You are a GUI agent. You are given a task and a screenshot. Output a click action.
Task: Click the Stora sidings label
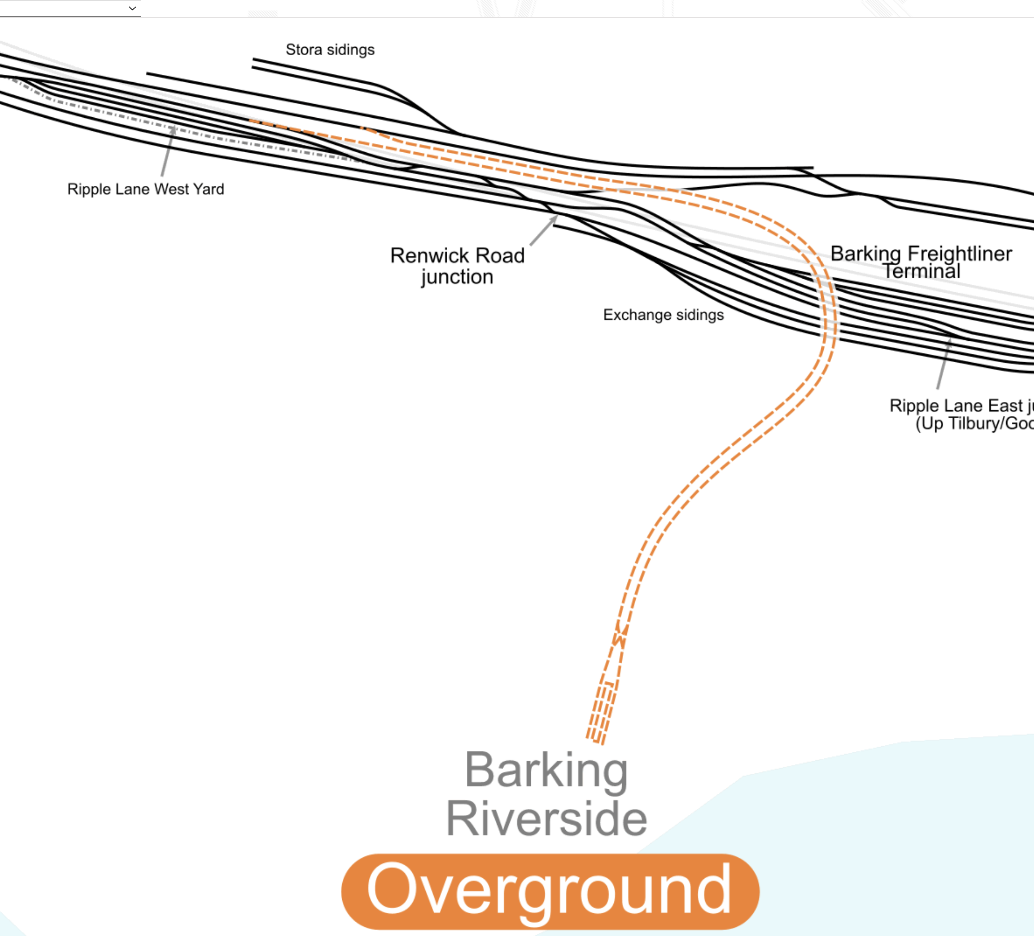[x=330, y=50]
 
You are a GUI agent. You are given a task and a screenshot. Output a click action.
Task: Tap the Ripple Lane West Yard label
[x=145, y=189]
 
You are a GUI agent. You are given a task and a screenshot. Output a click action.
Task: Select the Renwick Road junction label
[x=457, y=266]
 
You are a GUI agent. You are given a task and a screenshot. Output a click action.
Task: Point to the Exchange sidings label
[x=663, y=315]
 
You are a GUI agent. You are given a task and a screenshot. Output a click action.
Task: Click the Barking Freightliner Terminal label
[x=921, y=262]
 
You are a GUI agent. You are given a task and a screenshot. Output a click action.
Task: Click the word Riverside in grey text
[x=546, y=819]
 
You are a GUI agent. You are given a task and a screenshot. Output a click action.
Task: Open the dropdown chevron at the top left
[x=132, y=8]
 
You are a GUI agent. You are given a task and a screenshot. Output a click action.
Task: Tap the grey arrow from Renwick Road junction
[x=544, y=230]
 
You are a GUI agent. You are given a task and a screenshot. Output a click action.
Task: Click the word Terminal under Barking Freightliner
[x=921, y=271]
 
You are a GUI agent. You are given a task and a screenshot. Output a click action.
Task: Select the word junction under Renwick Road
[x=457, y=277]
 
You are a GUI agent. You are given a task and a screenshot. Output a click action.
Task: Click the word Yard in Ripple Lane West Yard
[x=209, y=189]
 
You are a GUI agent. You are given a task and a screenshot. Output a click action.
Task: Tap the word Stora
[x=304, y=50]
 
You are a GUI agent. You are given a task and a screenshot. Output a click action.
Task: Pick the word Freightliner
[x=959, y=253]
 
